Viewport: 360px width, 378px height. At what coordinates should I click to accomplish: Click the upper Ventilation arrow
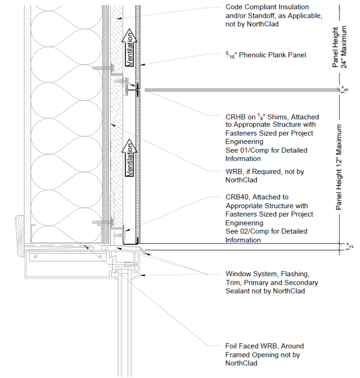click(x=129, y=47)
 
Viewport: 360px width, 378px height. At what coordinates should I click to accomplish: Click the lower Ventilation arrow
click(x=129, y=158)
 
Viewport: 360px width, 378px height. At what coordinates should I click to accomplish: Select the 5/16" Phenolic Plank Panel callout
click(x=266, y=55)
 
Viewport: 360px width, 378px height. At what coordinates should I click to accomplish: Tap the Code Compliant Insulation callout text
click(x=274, y=15)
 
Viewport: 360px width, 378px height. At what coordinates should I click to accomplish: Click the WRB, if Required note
click(x=264, y=176)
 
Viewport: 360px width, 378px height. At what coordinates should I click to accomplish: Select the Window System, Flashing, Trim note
click(x=271, y=282)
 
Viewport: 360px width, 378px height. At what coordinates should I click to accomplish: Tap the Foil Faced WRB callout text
click(x=264, y=355)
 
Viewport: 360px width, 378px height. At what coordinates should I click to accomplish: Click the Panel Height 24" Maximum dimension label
click(x=339, y=47)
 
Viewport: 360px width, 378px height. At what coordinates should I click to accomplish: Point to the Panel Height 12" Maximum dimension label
click(x=339, y=167)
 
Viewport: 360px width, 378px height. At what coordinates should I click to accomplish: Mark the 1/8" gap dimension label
click(x=345, y=90)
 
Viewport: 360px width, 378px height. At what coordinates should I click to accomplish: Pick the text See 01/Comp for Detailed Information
click(x=266, y=154)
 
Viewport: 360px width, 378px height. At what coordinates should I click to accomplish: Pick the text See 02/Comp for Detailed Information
click(x=266, y=235)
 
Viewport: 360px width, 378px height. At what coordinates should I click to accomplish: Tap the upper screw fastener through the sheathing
click(x=103, y=68)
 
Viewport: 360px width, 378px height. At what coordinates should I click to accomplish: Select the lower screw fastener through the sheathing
click(x=103, y=222)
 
